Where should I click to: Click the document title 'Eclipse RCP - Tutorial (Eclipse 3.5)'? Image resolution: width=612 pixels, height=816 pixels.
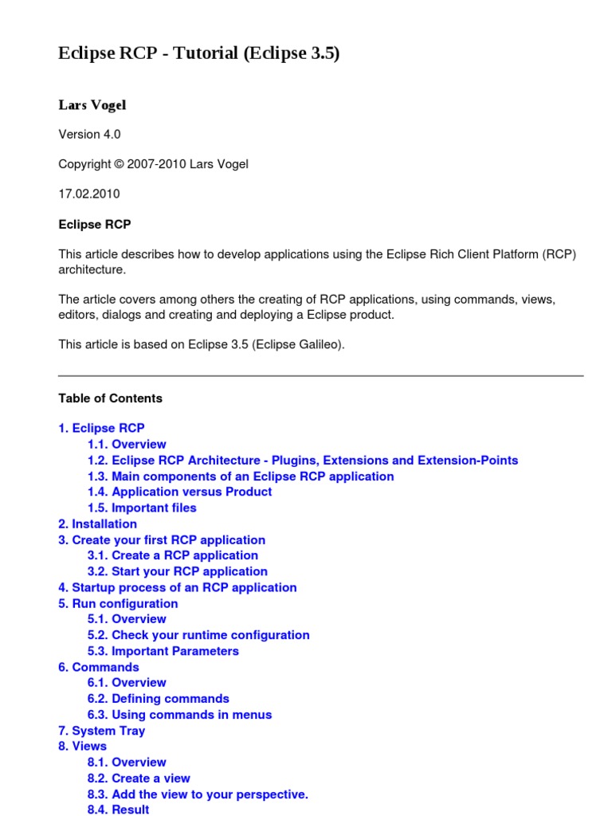(x=199, y=53)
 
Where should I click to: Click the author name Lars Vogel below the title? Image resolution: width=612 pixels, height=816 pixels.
(x=92, y=105)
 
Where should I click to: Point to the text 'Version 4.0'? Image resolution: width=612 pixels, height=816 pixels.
(x=89, y=134)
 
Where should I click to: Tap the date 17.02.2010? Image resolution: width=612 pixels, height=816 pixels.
(x=89, y=194)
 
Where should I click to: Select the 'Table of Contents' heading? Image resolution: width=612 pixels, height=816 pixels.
(x=110, y=398)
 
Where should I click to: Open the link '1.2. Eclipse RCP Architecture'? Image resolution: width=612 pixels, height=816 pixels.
(x=303, y=460)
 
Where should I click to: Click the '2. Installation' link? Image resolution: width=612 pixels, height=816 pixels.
(x=97, y=524)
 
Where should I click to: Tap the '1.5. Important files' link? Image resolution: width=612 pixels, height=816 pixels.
(x=142, y=508)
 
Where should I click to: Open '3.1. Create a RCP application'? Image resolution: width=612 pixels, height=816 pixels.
(x=173, y=555)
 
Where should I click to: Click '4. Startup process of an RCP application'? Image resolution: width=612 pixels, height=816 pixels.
(x=177, y=587)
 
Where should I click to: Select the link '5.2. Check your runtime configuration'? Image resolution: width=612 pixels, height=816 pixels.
(x=198, y=635)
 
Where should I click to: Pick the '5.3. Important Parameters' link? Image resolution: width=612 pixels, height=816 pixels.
(x=163, y=651)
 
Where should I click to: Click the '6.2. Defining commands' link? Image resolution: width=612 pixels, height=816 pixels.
(x=158, y=699)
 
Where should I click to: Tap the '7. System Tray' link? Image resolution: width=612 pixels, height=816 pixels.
(x=101, y=731)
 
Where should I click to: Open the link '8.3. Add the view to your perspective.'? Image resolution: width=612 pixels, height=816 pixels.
(x=198, y=794)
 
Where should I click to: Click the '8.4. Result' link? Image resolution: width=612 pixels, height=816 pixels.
(x=118, y=810)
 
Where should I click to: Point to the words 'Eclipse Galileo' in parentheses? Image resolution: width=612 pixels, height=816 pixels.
(x=299, y=344)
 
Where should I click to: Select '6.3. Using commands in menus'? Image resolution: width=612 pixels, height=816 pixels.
(x=179, y=715)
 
